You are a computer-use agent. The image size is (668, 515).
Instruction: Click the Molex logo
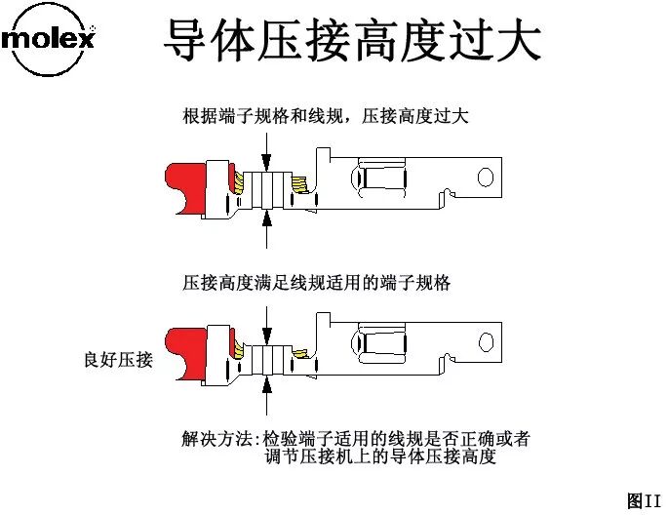(50, 41)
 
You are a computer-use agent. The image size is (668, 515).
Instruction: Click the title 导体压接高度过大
(351, 41)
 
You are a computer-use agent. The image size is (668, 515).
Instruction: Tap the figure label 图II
(645, 500)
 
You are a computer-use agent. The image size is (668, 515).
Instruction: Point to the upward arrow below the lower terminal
(267, 395)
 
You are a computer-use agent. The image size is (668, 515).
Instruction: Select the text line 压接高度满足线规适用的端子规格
(317, 284)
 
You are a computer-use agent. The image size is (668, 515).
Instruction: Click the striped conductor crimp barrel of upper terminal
(266, 189)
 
